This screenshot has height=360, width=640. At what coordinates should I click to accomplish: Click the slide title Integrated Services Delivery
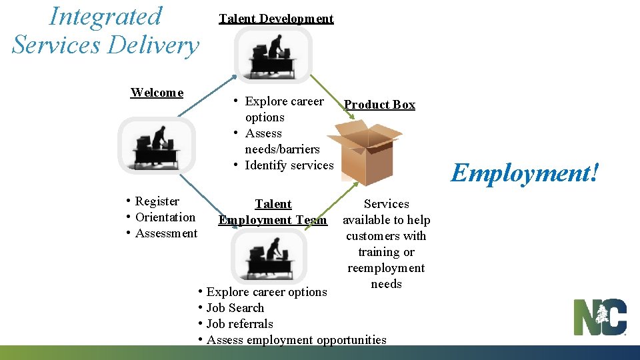click(x=105, y=31)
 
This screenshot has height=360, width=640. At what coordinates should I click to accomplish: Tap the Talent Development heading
click(x=276, y=19)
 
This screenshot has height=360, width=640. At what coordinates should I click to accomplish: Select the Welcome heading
click(x=157, y=93)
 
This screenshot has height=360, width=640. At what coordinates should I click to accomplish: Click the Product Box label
click(x=379, y=105)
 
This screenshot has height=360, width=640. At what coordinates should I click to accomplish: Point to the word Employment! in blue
click(x=525, y=173)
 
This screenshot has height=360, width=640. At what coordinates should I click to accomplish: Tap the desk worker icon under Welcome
click(x=157, y=145)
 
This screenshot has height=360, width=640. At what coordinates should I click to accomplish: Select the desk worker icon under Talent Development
click(x=273, y=54)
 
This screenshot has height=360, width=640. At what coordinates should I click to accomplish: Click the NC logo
click(x=600, y=317)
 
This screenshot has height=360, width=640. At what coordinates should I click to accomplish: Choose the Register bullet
click(x=157, y=201)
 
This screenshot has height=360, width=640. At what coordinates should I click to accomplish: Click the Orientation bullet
click(x=165, y=217)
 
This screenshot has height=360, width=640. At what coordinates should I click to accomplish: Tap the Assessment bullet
click(x=166, y=233)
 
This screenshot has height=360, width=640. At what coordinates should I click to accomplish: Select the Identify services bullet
click(x=288, y=165)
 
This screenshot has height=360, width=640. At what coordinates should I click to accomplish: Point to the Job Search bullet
click(x=235, y=308)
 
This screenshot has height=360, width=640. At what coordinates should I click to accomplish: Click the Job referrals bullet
click(x=239, y=324)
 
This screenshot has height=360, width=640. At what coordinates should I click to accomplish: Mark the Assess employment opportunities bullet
click(x=296, y=340)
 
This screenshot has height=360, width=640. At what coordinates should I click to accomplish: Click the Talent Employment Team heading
click(x=273, y=212)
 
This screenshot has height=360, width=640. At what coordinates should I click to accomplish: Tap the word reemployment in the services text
click(x=386, y=268)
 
